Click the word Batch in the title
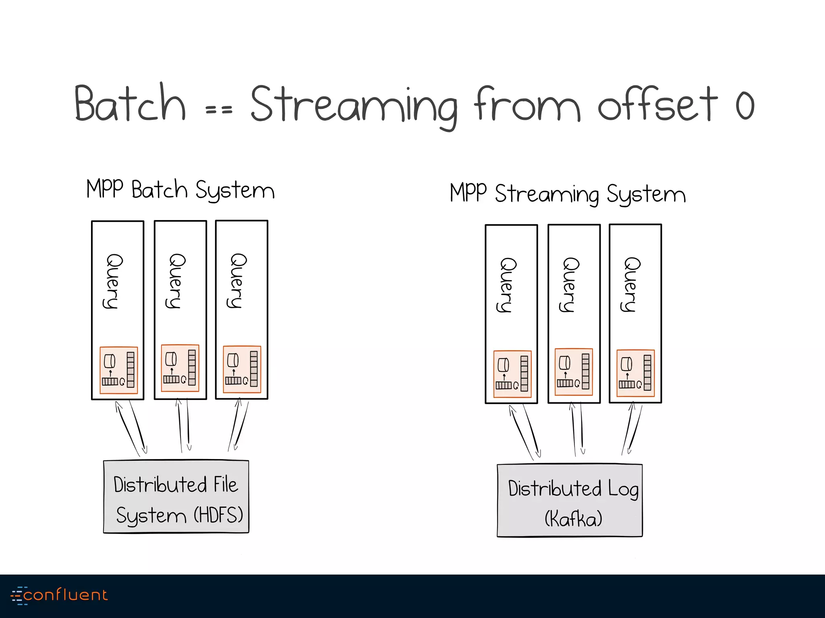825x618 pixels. (x=130, y=103)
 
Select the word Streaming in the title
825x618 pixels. (x=354, y=105)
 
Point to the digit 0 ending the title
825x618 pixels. (x=744, y=105)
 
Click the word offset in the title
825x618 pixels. (x=657, y=105)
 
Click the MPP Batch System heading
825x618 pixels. (x=180, y=190)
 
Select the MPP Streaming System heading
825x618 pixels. (x=567, y=194)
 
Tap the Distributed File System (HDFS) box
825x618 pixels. (x=176, y=497)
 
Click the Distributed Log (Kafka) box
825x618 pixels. (x=569, y=501)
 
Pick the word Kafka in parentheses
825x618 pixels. (x=573, y=518)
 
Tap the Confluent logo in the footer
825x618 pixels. (x=60, y=595)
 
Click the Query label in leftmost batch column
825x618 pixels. (x=112, y=281)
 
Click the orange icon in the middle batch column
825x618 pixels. (x=180, y=368)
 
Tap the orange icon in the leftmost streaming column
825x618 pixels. (x=512, y=374)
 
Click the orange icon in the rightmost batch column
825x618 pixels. (x=242, y=369)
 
